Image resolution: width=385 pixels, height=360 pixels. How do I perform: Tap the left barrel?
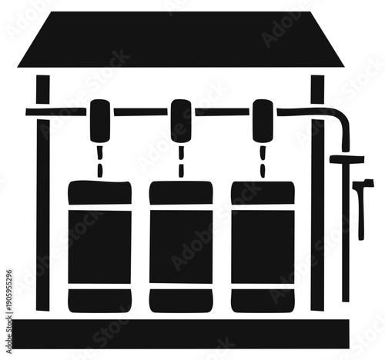[99, 246]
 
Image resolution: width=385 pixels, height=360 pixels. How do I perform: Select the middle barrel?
[181, 246]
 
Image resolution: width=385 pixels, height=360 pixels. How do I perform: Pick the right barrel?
[263, 246]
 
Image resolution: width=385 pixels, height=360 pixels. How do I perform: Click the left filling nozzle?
[100, 120]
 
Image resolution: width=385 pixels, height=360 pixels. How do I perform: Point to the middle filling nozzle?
[181, 120]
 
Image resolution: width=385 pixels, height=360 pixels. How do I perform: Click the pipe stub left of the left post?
[31, 112]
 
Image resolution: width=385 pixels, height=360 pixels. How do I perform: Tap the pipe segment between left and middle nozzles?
[140, 112]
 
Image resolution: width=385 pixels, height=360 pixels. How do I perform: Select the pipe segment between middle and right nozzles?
[222, 112]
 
